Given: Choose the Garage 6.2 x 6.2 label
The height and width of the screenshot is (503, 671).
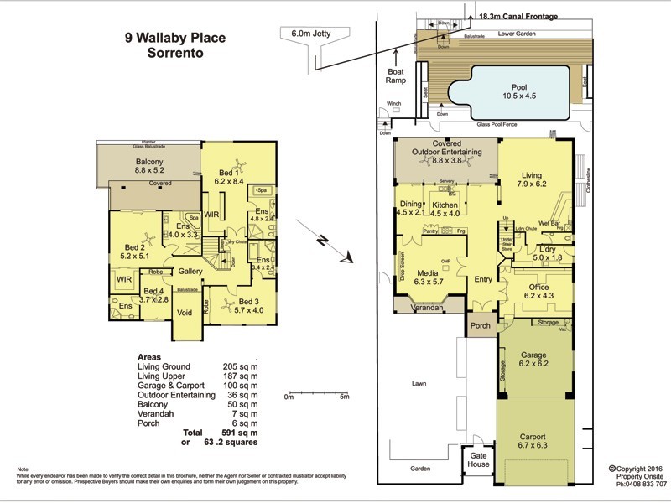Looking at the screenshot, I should pos(533,360).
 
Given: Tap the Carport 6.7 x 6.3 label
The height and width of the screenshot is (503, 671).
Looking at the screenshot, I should pos(533,442).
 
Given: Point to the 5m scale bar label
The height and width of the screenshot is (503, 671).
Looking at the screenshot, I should pos(344,397).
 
